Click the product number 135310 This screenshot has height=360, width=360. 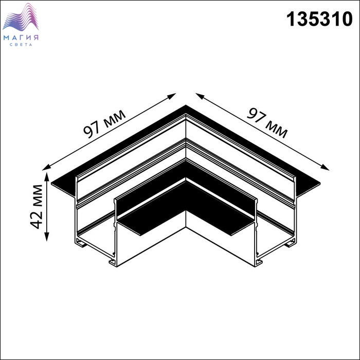(319, 20)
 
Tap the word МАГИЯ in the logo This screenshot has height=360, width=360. (21, 38)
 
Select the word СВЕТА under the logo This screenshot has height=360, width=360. (21, 45)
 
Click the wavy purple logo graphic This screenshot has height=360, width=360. (21, 17)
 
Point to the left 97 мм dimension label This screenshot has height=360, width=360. (105, 124)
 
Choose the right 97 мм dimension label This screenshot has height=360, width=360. (267, 123)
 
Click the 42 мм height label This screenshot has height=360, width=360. (37, 207)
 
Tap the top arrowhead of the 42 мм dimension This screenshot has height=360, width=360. (47, 176)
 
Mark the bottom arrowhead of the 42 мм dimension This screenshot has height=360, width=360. (47, 237)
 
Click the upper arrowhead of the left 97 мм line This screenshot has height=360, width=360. (172, 96)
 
